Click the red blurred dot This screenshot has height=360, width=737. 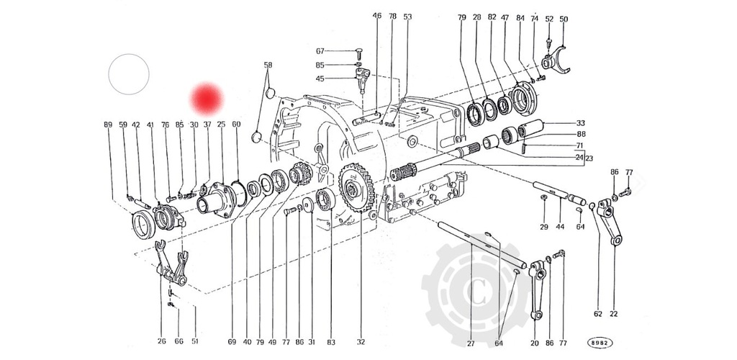click(x=207, y=99)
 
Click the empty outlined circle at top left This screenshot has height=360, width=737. click(x=129, y=73)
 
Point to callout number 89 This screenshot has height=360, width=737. click(x=108, y=125)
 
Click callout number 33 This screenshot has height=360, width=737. click(x=580, y=124)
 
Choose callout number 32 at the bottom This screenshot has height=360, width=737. click(x=361, y=342)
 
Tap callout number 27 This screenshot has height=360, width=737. click(x=471, y=343)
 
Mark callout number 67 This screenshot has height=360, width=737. click(x=320, y=50)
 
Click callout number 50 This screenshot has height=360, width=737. click(x=564, y=19)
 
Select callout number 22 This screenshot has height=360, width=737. click(x=613, y=313)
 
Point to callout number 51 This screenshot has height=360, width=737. click(x=194, y=342)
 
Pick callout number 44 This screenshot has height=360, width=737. click(x=561, y=228)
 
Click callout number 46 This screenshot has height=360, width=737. click(x=376, y=16)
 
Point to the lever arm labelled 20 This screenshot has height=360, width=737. click(x=535, y=288)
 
